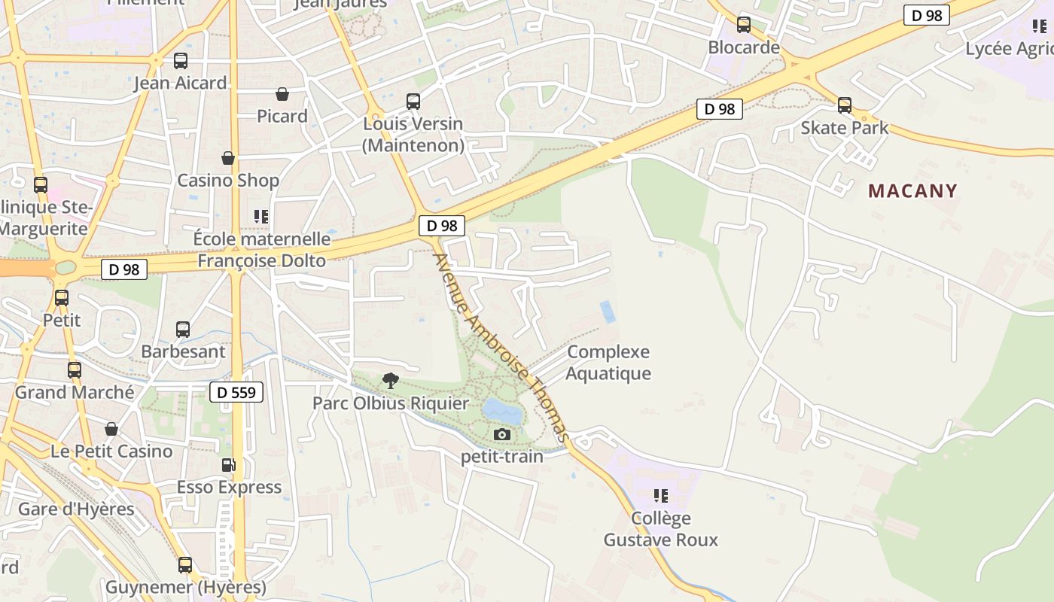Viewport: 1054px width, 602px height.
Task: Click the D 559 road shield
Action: pos(236,392)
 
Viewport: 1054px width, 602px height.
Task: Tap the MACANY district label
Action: pos(912,190)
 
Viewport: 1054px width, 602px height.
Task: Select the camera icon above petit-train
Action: pos(501,434)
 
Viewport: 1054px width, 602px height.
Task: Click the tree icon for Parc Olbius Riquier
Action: pos(390,380)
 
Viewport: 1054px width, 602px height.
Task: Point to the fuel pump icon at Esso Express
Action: pos(229,464)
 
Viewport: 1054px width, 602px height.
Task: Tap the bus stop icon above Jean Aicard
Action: pos(181,61)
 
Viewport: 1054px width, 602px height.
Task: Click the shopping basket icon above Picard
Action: pos(282,94)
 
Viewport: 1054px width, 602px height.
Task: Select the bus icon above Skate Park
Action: pos(845,105)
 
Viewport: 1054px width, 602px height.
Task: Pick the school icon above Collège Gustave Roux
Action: pos(660,495)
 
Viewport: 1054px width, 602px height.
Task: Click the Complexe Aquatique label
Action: pos(608,362)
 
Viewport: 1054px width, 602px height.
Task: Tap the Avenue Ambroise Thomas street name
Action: pos(501,348)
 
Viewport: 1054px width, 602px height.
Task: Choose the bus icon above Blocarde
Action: pos(744,25)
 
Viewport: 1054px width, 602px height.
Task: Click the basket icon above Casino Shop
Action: pos(228,158)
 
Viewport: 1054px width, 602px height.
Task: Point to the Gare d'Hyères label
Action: pos(76,509)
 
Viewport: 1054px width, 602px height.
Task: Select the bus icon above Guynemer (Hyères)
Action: pos(185,564)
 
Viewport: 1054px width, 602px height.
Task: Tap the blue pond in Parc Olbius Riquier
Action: pos(501,412)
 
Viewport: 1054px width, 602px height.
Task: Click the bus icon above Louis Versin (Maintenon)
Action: pos(413,101)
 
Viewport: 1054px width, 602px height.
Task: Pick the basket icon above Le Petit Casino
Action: pos(111,429)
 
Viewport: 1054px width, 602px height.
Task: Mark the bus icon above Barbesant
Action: pos(183,329)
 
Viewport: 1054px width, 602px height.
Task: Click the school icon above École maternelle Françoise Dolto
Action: pos(261,217)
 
